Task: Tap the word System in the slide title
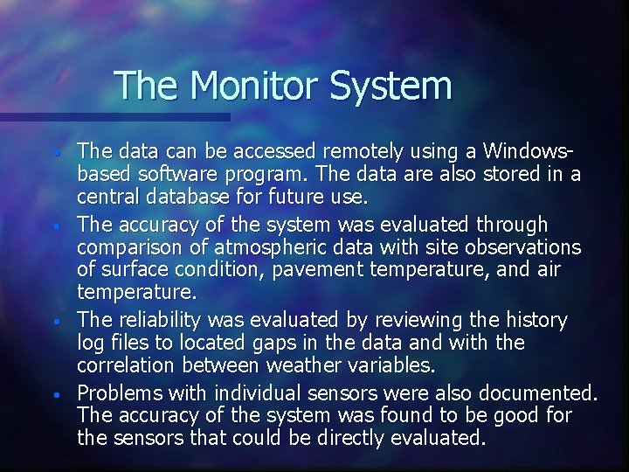pyautogui.click(x=391, y=86)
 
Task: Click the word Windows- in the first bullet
pyautogui.click(x=529, y=152)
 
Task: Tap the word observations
pyautogui.click(x=519, y=247)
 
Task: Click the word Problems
pyautogui.click(x=120, y=392)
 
